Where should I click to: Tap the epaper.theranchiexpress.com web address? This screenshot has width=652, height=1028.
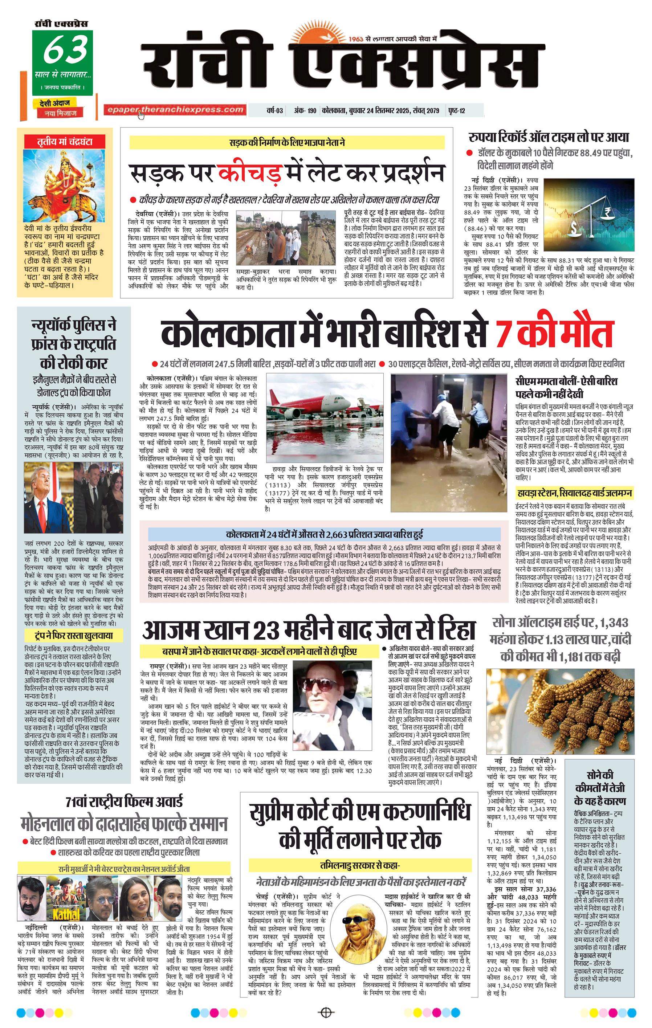click(x=175, y=110)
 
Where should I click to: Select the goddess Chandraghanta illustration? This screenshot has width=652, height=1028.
click(x=64, y=185)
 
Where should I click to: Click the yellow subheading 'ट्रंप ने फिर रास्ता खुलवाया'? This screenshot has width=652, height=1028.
click(x=73, y=636)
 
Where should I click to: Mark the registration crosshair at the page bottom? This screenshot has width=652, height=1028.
click(x=326, y=1012)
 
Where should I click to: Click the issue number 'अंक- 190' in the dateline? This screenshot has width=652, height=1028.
click(x=305, y=111)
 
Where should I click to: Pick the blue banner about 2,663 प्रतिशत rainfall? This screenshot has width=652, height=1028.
click(x=324, y=534)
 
